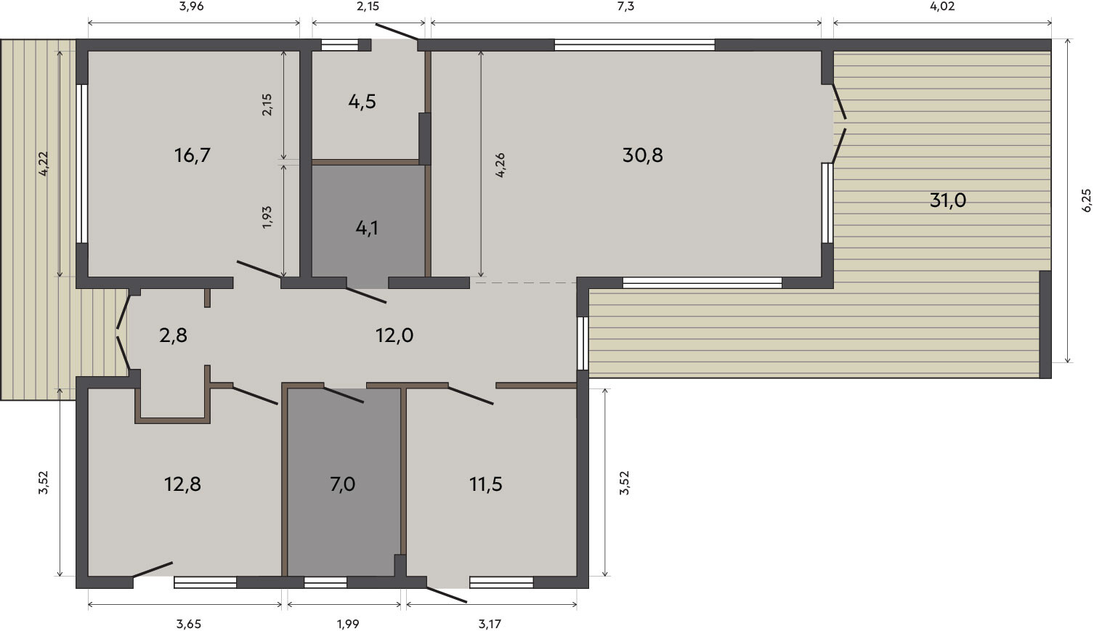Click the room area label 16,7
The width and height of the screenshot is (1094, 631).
(193, 155)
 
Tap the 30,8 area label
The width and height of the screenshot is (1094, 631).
(643, 155)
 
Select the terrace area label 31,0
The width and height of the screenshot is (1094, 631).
(947, 200)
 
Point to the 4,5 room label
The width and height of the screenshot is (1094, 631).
(362, 102)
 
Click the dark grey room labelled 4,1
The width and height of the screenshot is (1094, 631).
(367, 228)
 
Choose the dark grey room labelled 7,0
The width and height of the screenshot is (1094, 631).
(342, 484)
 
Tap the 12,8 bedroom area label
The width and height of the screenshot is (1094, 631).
(182, 484)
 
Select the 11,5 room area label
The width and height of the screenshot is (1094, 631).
(486, 484)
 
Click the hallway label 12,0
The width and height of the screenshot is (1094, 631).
(394, 335)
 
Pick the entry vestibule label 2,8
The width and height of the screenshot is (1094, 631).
(174, 335)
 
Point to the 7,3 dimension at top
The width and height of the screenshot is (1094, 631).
(625, 7)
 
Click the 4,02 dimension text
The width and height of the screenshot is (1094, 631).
(942, 7)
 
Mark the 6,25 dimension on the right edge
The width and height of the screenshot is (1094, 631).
(1086, 200)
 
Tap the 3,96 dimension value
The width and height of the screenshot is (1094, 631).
(191, 7)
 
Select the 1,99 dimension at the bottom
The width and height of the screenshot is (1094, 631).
(348, 624)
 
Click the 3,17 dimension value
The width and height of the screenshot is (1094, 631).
(490, 624)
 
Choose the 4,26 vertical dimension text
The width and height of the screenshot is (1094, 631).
(500, 165)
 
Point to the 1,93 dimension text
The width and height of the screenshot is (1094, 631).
(267, 218)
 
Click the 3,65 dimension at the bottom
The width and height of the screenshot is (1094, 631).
(189, 624)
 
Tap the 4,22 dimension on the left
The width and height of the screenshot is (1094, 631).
(44, 163)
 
